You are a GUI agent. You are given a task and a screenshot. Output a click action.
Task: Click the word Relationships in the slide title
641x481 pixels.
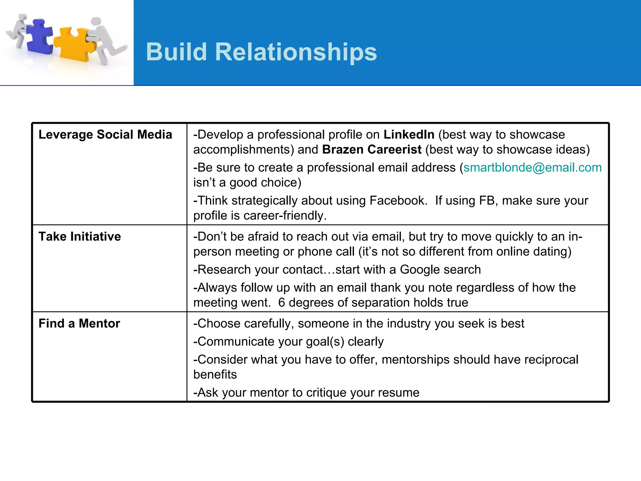(296, 52)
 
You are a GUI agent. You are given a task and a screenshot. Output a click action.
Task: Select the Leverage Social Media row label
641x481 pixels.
(105, 135)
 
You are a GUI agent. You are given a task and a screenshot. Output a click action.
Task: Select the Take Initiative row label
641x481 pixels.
(79, 236)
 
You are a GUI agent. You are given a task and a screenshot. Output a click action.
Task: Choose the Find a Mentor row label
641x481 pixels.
(79, 323)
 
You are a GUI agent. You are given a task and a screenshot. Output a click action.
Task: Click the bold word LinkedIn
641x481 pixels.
(409, 135)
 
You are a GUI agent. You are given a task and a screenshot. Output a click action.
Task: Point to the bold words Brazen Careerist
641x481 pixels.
(372, 150)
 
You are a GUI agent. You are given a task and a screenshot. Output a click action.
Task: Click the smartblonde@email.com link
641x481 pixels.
(532, 168)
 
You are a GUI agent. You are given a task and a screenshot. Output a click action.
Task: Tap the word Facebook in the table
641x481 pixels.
(398, 201)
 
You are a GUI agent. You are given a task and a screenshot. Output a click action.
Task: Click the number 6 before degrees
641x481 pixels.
(281, 303)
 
